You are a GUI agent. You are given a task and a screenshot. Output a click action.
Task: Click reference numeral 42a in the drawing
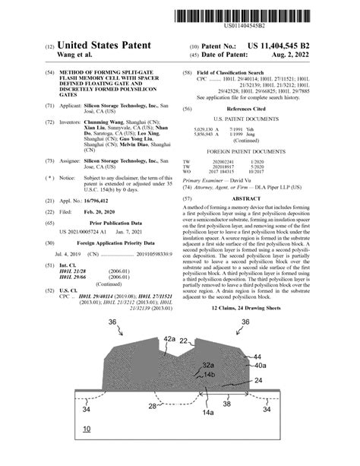coord(169,339)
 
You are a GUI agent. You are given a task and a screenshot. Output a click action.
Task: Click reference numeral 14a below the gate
coord(206,411)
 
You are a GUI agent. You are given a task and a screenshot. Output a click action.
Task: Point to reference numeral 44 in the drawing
coord(257,356)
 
